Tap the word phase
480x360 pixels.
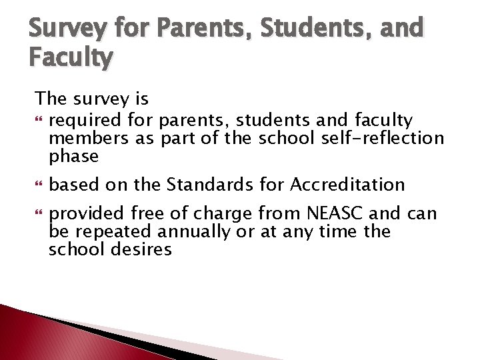(x=74, y=156)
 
